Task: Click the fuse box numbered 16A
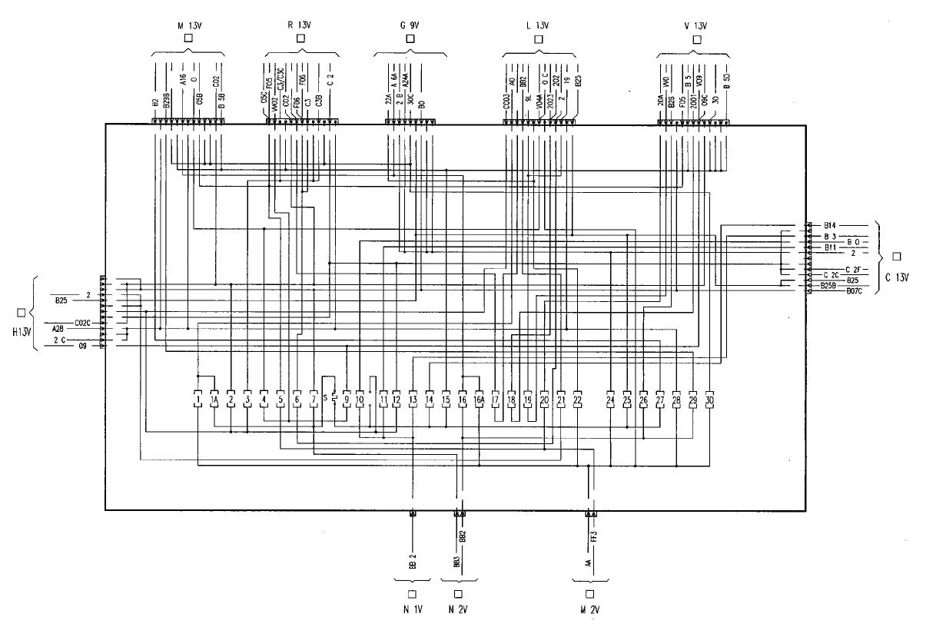(x=479, y=400)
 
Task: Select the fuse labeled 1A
(x=214, y=400)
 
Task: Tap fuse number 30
(x=709, y=400)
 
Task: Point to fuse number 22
(x=578, y=400)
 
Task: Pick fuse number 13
(x=413, y=400)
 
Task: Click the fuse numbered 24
(x=610, y=400)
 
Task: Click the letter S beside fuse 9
(x=324, y=397)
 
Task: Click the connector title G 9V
(x=409, y=24)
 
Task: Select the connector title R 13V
(x=299, y=24)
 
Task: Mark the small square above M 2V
(x=589, y=594)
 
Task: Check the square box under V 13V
(x=696, y=38)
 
